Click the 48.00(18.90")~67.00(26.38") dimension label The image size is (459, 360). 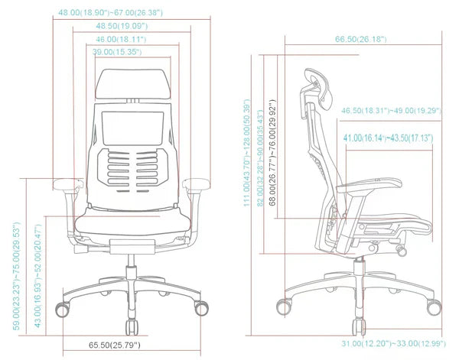pos(111,13)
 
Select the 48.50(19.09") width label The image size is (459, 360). pos(121,26)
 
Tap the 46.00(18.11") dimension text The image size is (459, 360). pos(121,39)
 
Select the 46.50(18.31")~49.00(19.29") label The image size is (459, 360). pos(392,111)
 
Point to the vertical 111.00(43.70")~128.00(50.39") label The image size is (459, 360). pos(248,153)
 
